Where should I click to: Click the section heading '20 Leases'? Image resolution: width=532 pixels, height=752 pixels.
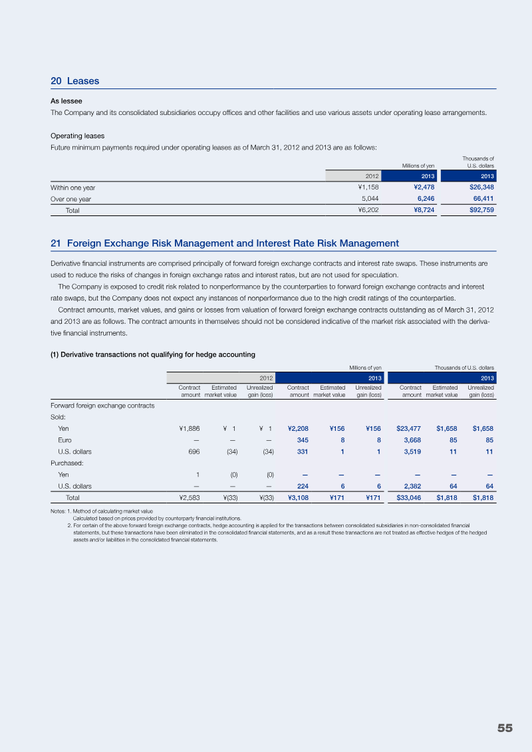click(x=74, y=81)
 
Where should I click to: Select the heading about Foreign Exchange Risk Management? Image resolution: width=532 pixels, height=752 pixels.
click(x=224, y=243)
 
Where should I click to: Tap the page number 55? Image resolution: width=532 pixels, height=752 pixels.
click(x=505, y=728)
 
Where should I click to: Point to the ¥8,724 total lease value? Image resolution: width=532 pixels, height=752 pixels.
click(x=422, y=210)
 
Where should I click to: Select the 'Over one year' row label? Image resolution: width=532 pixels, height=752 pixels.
click(x=70, y=199)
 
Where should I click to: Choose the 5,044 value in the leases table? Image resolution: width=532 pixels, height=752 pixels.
click(x=370, y=199)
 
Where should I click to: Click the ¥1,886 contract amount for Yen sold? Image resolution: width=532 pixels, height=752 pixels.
click(x=185, y=429)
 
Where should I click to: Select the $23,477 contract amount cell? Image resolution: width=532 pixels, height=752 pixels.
click(x=408, y=429)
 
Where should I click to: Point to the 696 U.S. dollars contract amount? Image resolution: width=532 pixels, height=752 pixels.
click(x=194, y=451)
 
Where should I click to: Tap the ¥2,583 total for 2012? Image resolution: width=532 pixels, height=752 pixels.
click(x=185, y=497)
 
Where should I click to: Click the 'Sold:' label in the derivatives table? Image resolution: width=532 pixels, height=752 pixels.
click(x=59, y=418)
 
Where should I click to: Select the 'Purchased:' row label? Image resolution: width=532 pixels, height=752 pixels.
click(x=67, y=463)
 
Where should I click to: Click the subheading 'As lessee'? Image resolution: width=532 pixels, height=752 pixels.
click(x=66, y=101)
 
